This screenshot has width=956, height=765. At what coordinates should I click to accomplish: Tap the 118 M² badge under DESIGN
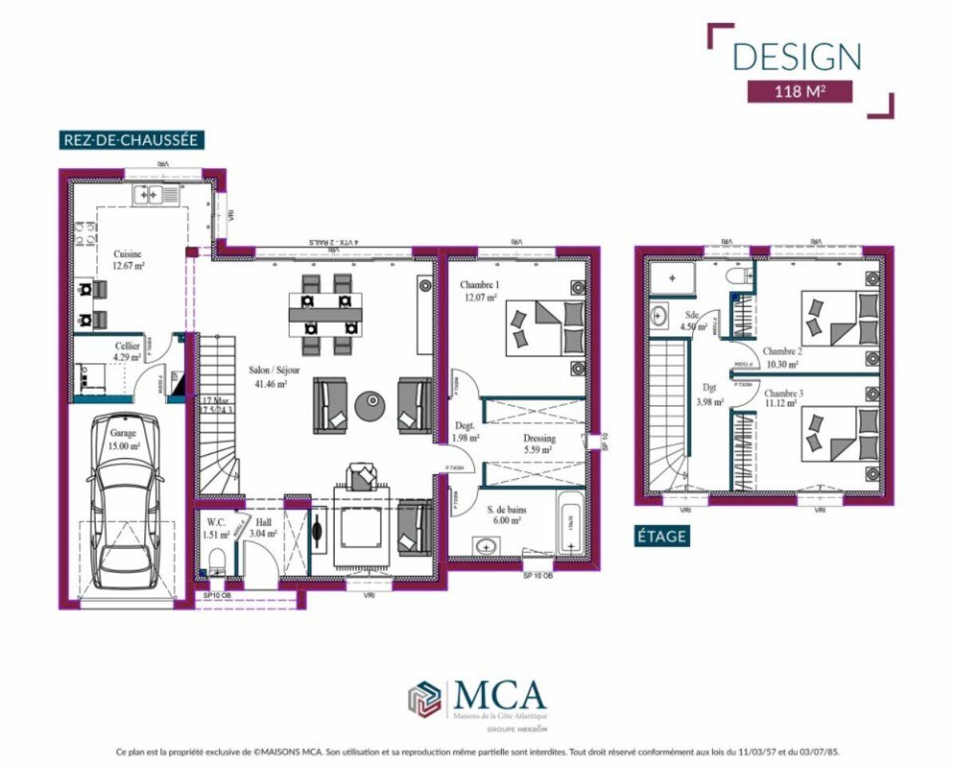799,91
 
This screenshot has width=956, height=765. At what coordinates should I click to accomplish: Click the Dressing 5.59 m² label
539,444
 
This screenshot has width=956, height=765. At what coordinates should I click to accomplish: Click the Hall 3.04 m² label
262,529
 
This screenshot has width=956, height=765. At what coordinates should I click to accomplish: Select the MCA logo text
500,696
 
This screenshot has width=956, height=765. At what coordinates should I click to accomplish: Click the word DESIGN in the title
797,57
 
